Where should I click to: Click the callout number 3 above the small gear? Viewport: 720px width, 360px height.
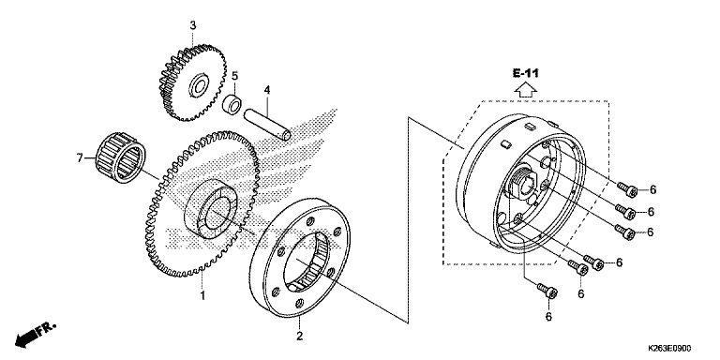(x=193, y=25)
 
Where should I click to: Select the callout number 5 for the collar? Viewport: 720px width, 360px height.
(x=234, y=75)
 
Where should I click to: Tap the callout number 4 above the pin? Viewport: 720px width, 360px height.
(x=267, y=90)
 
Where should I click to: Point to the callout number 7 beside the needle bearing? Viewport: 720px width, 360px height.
(x=80, y=158)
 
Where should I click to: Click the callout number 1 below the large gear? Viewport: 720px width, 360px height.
(x=202, y=295)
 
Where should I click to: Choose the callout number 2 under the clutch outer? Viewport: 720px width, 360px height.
(x=299, y=337)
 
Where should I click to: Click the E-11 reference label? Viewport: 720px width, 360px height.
(x=526, y=73)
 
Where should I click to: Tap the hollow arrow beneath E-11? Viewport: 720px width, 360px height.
(x=526, y=90)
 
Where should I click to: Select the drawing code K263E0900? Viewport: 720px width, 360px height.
(x=669, y=349)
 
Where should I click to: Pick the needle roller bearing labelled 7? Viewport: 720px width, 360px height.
(x=120, y=157)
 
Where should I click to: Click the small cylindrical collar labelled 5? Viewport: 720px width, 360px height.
(x=232, y=104)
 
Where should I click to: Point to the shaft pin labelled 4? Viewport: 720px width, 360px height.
(x=267, y=124)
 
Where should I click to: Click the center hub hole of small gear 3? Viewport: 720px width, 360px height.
(x=201, y=86)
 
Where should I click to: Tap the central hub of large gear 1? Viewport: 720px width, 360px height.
(x=211, y=209)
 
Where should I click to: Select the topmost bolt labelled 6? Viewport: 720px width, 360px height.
(x=627, y=189)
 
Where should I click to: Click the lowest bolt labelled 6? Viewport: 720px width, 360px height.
(x=547, y=292)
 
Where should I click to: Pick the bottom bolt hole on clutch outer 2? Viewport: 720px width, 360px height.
(x=300, y=303)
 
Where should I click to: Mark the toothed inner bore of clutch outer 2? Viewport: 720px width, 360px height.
(x=306, y=262)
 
